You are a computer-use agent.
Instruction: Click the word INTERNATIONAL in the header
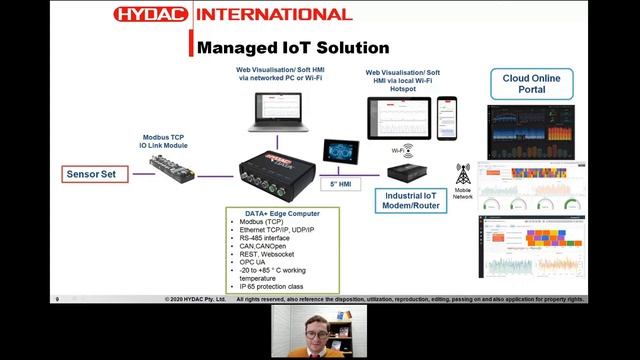click(273, 14)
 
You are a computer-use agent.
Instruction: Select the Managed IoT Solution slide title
click(293, 47)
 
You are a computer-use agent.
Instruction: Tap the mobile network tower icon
click(463, 174)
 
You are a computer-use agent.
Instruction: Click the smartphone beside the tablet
click(447, 117)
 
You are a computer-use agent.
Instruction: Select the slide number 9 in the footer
click(57, 299)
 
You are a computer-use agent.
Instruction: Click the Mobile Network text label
click(463, 193)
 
